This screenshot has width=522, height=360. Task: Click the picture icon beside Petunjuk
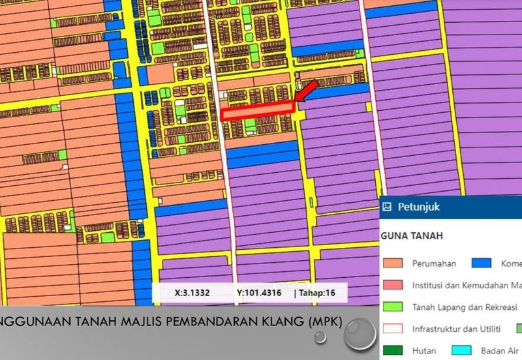[x=387, y=207]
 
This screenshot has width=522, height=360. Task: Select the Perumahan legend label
[x=434, y=263]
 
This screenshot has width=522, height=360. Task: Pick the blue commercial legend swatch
[x=480, y=263]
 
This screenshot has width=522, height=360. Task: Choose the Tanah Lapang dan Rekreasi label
[x=464, y=307]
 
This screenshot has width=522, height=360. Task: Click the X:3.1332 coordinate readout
[x=192, y=293]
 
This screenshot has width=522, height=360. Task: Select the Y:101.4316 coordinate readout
[x=259, y=293]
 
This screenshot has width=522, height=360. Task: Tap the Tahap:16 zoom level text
[x=316, y=293]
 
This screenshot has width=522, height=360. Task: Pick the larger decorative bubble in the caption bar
[x=360, y=335]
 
